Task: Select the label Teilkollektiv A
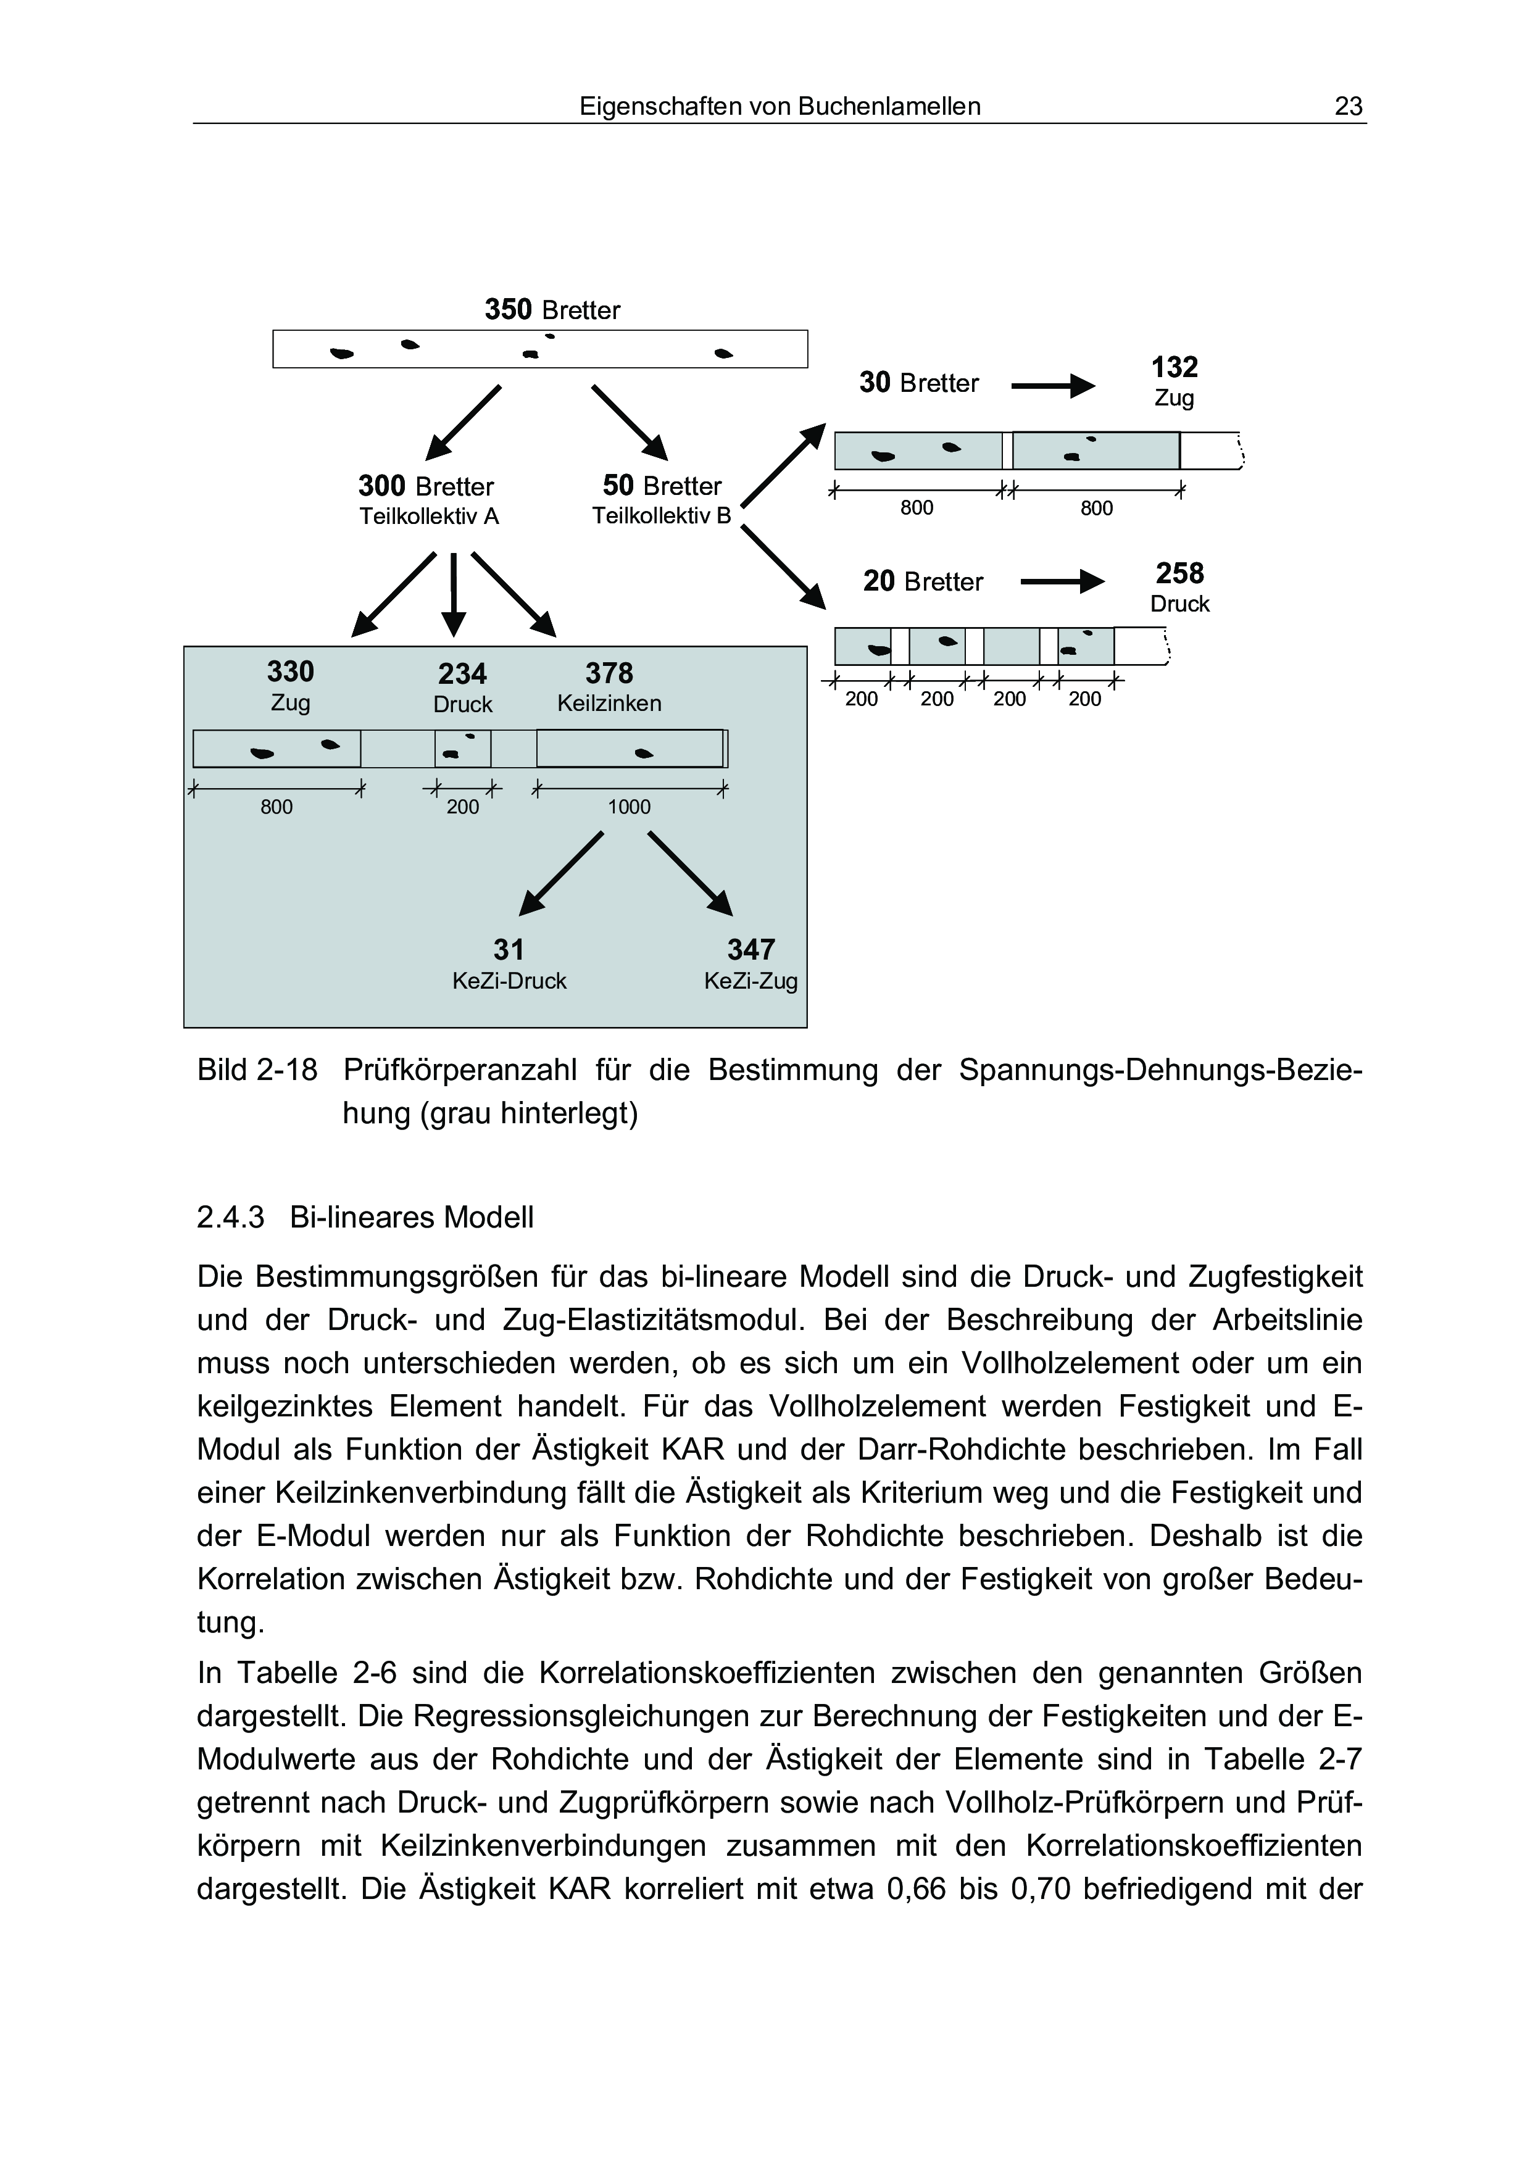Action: pyautogui.click(x=429, y=517)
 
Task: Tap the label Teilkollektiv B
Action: pyautogui.click(x=662, y=517)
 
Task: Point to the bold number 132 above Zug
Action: pyautogui.click(x=1174, y=367)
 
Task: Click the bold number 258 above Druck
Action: pyautogui.click(x=1179, y=573)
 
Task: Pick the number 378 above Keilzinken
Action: pyautogui.click(x=609, y=673)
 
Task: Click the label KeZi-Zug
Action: pyautogui.click(x=750, y=982)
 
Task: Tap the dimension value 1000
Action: pyautogui.click(x=629, y=807)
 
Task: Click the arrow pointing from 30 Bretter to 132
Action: pyautogui.click(x=1052, y=386)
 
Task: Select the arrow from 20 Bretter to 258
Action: pyautogui.click(x=1062, y=582)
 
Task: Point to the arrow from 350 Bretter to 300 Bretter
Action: pyautogui.click(x=463, y=422)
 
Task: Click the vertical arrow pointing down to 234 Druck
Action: pyautogui.click(x=454, y=594)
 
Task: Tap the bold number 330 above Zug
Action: pyautogui.click(x=290, y=671)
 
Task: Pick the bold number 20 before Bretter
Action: pyautogui.click(x=879, y=581)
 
